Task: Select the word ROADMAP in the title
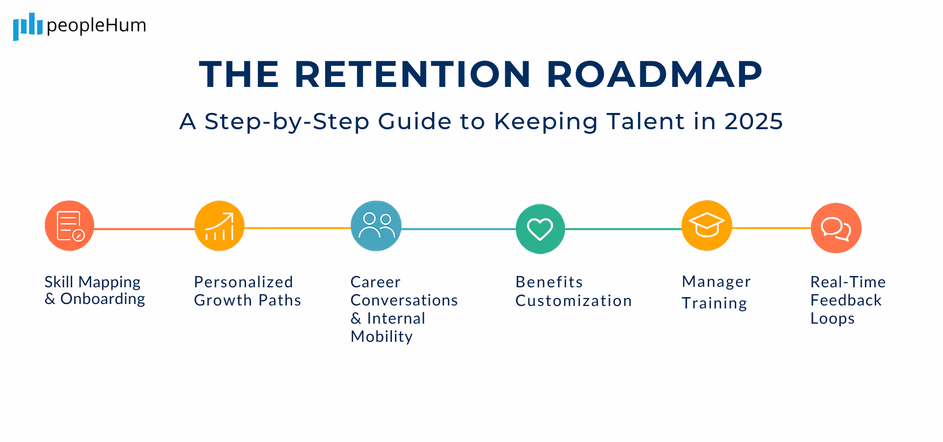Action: [654, 75]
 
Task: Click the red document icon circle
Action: [69, 226]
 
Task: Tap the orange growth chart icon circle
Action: [219, 226]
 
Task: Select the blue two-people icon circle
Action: [376, 226]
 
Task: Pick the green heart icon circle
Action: [540, 229]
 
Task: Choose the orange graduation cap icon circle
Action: [707, 225]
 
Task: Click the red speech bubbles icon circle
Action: [836, 228]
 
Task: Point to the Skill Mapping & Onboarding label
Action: [94, 290]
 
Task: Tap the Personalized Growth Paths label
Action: [247, 291]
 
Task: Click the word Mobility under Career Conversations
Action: [382, 336]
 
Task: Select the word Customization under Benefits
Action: [573, 301]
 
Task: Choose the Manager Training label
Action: [716, 292]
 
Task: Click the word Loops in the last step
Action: [832, 319]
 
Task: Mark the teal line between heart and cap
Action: [623, 229]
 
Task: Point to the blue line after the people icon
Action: [458, 229]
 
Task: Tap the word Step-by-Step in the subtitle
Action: [287, 121]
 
